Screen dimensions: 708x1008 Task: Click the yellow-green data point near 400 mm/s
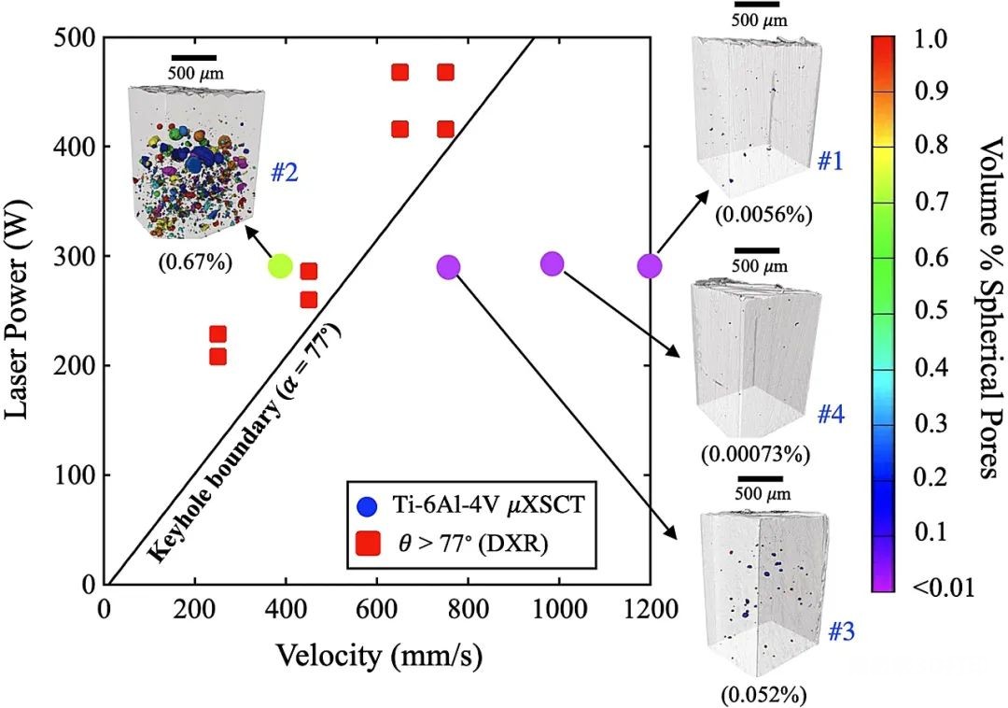(280, 266)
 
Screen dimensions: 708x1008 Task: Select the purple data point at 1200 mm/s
(650, 266)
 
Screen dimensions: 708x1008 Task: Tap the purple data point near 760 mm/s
(449, 267)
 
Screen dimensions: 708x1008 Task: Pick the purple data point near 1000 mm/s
(552, 263)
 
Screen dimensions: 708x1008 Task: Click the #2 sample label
(284, 173)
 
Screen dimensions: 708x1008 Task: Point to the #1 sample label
(831, 162)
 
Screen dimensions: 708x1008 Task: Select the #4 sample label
(831, 415)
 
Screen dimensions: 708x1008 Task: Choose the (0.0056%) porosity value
(764, 215)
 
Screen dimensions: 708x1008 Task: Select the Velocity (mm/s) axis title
(379, 656)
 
